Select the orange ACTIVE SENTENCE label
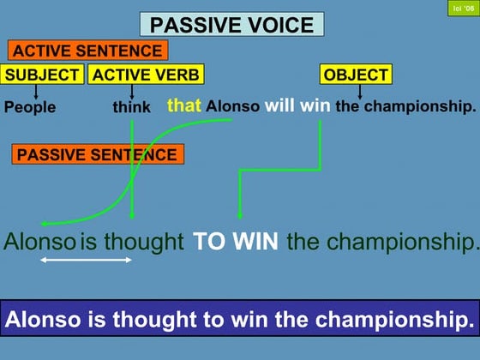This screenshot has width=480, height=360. click(87, 51)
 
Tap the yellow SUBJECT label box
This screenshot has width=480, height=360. click(43, 75)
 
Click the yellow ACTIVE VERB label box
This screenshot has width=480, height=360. click(145, 75)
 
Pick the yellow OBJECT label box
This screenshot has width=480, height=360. click(356, 75)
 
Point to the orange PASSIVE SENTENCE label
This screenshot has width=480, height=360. click(97, 155)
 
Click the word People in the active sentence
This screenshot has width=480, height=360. click(30, 107)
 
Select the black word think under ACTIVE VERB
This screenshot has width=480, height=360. click(131, 107)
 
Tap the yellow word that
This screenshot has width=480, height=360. click(183, 106)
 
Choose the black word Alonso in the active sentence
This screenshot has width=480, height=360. click(233, 107)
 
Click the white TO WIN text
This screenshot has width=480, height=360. click(236, 242)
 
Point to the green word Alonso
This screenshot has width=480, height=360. click(39, 242)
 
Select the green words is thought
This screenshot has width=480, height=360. click(132, 242)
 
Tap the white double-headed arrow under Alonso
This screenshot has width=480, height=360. click(86, 260)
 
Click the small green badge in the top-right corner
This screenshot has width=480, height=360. click(461, 9)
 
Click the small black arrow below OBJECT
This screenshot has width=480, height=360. click(359, 91)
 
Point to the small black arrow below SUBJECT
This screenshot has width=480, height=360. click(36, 91)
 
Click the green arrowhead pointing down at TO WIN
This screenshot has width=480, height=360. click(239, 217)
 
